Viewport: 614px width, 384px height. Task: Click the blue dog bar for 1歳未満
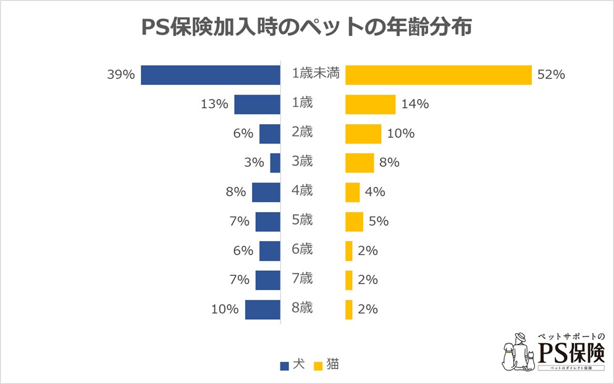pos(211,75)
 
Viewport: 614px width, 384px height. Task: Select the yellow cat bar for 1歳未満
pos(438,75)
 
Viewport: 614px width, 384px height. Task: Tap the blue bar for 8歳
pos(263,309)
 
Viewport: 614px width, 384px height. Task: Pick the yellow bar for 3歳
pos(360,163)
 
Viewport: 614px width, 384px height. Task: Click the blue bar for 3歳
pos(275,163)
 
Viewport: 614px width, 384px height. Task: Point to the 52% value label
pos(552,75)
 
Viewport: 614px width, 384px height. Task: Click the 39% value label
pos(120,75)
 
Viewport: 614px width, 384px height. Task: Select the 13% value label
pos(214,104)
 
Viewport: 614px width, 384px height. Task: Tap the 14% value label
pos(415,104)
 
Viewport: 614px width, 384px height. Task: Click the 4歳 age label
pos(302,191)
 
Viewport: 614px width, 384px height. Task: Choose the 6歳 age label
pos(302,249)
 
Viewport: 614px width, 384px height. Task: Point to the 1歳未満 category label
pos(315,74)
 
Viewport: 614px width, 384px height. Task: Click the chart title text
pos(306,28)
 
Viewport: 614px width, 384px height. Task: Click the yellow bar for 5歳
pos(354,221)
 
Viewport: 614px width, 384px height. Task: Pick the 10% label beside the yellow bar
pos(401,134)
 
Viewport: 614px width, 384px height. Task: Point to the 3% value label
pos(253,163)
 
